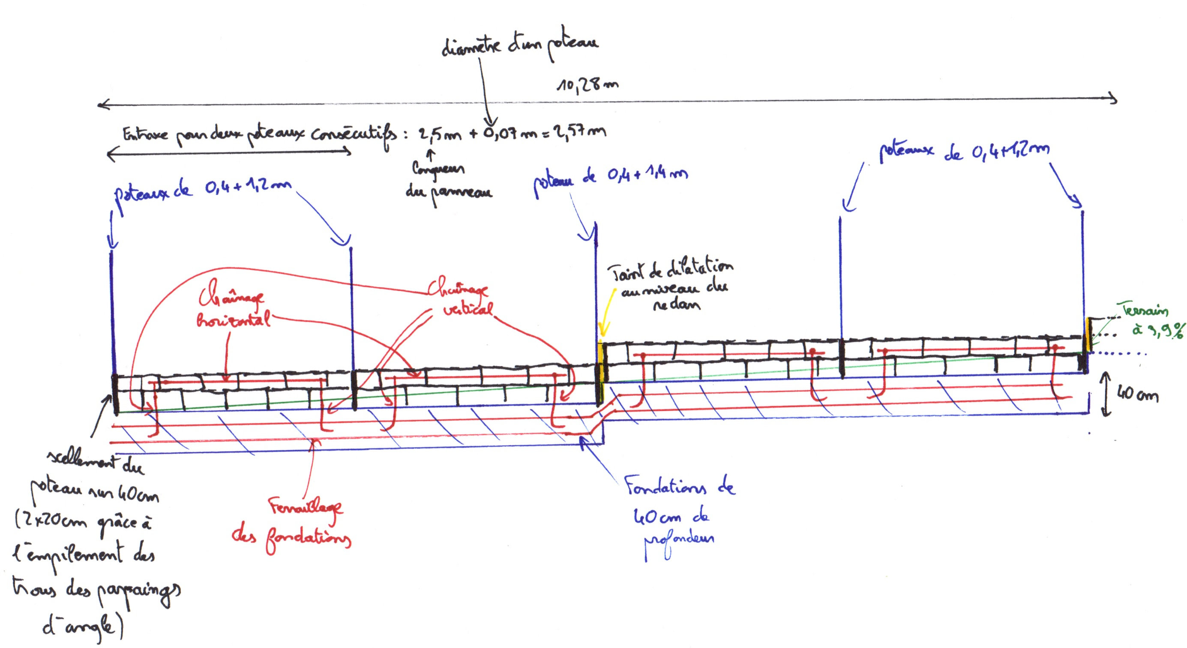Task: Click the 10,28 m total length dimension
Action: (587, 86)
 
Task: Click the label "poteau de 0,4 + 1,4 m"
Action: (611, 180)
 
